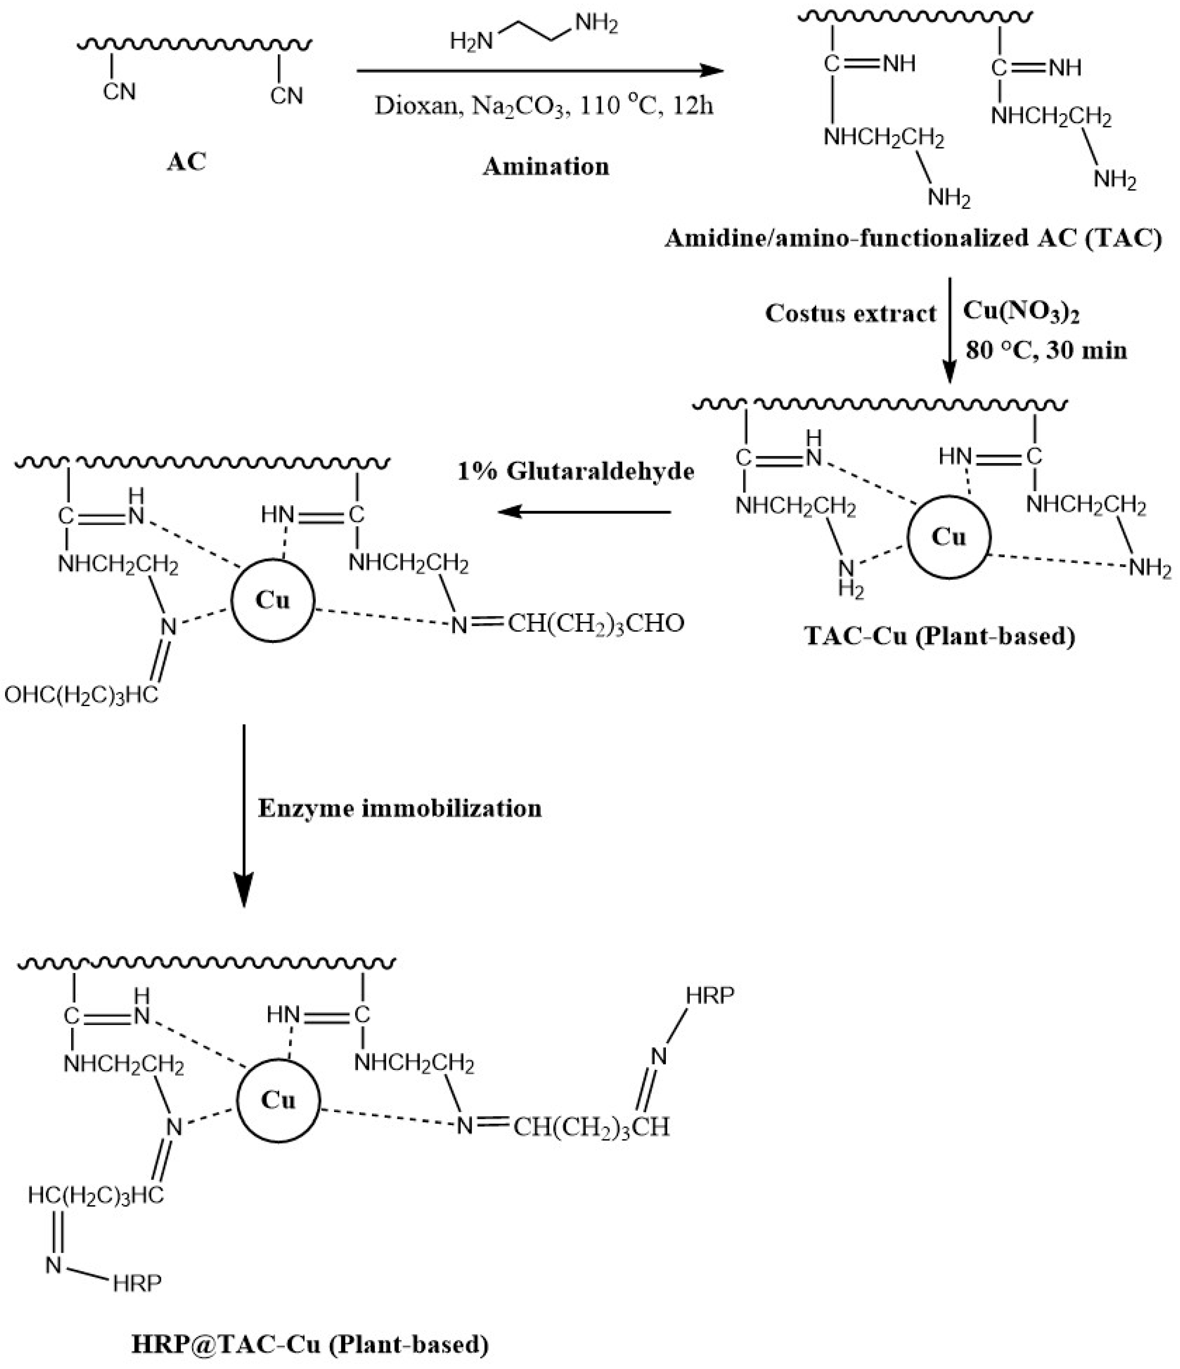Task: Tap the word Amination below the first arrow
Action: (546, 166)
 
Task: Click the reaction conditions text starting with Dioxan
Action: (544, 106)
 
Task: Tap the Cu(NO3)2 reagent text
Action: (1021, 312)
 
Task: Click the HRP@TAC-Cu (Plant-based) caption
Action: (311, 1344)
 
